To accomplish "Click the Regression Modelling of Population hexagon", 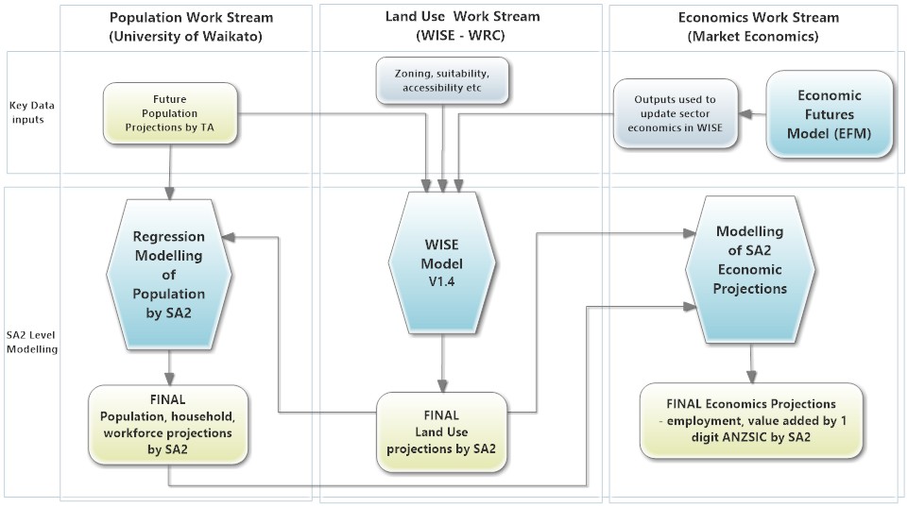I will [168, 274].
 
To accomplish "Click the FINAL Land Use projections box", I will [442, 431].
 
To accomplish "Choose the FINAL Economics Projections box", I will [750, 421].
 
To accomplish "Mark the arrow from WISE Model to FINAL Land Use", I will [440, 363].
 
